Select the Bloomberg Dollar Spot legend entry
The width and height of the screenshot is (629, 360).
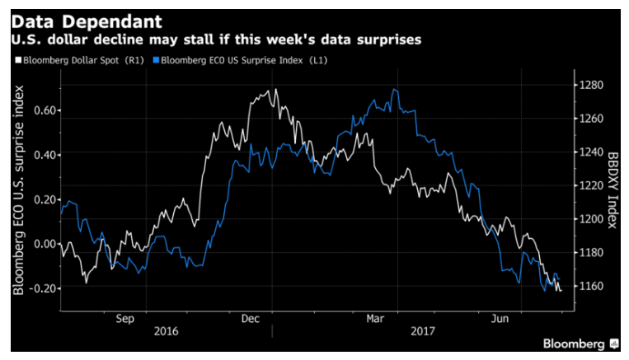click(81, 59)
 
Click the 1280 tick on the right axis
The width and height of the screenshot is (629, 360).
click(594, 85)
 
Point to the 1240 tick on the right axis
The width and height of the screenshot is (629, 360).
click(594, 152)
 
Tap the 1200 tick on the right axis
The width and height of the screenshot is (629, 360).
click(594, 219)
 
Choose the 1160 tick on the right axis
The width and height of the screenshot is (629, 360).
click(594, 286)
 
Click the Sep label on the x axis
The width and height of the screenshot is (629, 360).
click(124, 318)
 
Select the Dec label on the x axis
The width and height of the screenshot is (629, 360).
click(251, 318)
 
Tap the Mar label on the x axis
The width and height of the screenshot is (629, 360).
click(376, 318)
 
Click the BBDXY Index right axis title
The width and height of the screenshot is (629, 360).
click(612, 189)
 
